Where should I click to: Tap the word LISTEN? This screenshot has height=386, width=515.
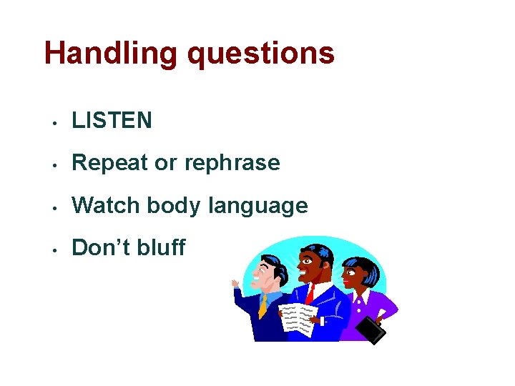coord(112,121)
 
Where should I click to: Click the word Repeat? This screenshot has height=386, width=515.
coord(111,163)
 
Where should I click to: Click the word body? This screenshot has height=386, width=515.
coord(174,206)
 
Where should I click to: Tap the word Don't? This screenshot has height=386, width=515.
coord(101,248)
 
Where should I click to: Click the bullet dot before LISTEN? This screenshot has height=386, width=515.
coord(54,122)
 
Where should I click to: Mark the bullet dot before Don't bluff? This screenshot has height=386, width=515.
coord(54,249)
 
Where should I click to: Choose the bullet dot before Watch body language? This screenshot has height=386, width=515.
coord(54,207)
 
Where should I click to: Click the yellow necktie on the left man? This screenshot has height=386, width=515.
coord(263,305)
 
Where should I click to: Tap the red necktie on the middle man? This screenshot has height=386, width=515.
coord(310,292)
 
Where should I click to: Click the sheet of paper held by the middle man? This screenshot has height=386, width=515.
coord(298,318)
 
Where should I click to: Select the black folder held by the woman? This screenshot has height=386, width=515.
coord(371,330)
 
